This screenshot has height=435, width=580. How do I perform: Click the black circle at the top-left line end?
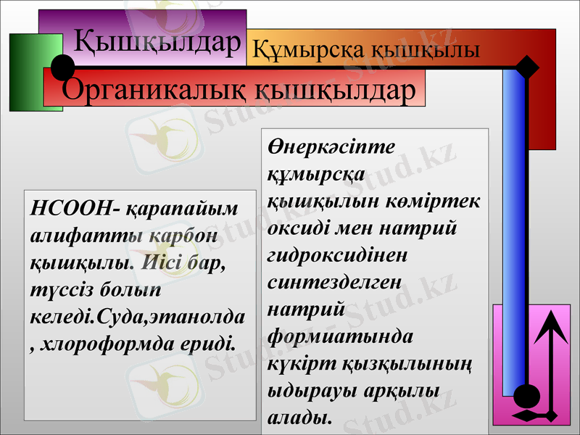[63, 67]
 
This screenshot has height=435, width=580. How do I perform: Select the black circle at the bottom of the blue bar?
[526, 397]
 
